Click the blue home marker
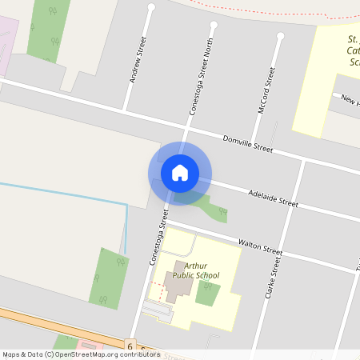coord(180,173)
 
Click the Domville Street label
coord(248,144)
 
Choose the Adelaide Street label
coord(273,198)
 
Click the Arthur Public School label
coord(196,270)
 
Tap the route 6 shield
coord(130,346)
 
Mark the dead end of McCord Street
coord(280,36)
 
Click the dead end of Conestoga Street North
coord(213,25)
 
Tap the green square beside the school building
coord(207,293)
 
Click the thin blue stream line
coord(64,193)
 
